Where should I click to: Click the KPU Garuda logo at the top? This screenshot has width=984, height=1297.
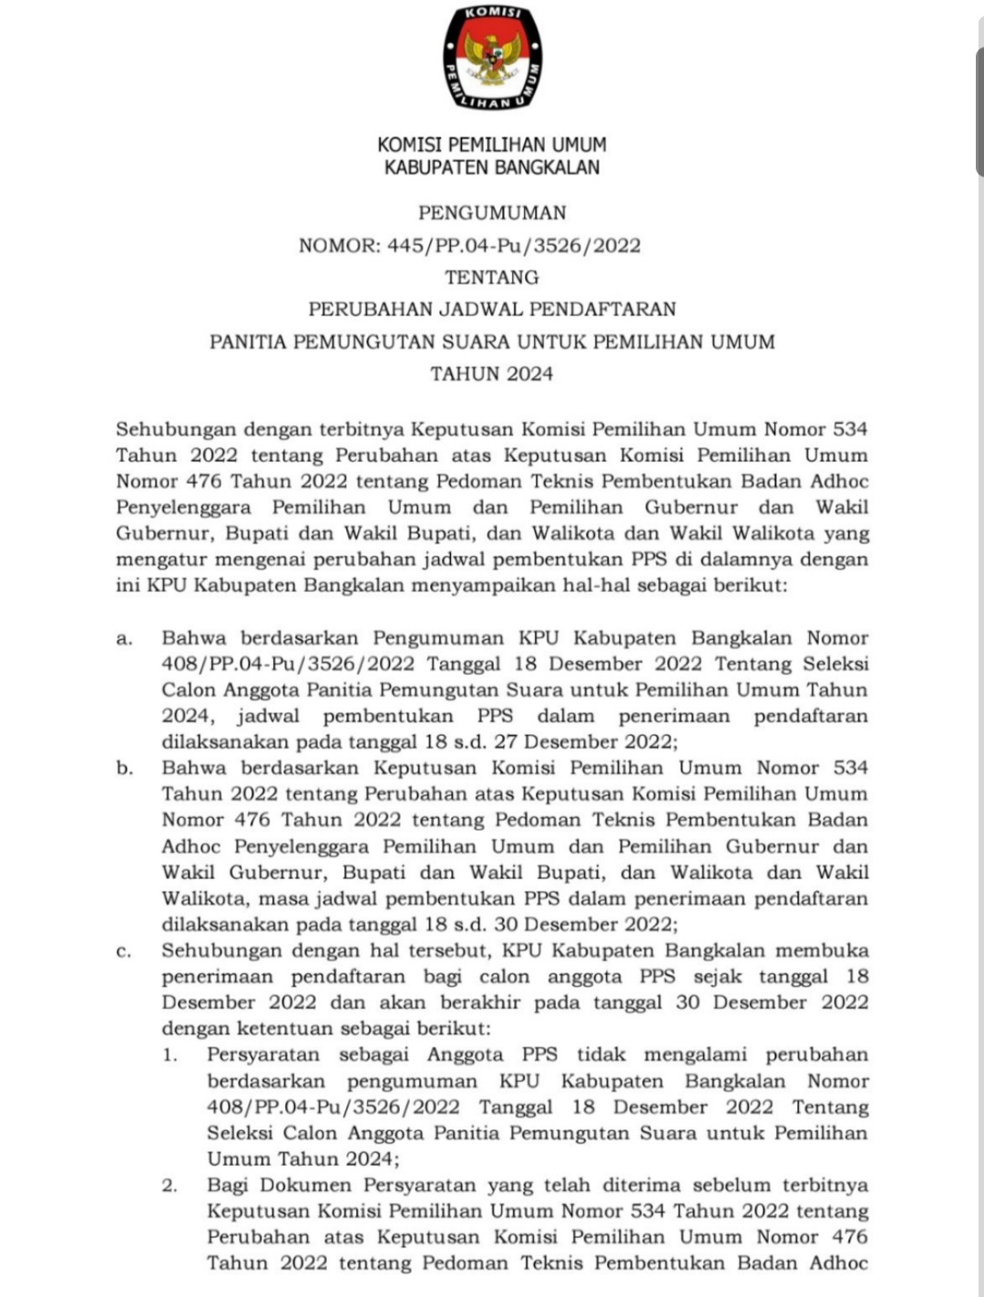492,58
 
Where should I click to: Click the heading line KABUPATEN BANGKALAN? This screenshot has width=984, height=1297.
492,168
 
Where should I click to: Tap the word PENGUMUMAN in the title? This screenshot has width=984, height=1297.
492,213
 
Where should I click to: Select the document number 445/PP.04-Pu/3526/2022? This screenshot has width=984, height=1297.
508,245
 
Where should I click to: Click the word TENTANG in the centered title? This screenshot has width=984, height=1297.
492,277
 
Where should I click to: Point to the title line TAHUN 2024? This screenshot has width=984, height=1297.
492,373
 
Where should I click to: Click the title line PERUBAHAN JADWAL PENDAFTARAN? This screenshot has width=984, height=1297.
492,309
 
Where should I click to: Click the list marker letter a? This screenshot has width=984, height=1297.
124,638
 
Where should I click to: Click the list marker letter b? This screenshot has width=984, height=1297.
124,768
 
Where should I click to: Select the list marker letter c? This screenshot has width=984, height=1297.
124,951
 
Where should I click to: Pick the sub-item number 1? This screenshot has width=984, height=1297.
169,1056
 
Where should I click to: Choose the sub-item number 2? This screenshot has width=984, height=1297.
169,1186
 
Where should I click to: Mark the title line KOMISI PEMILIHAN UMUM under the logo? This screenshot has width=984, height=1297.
492,145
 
